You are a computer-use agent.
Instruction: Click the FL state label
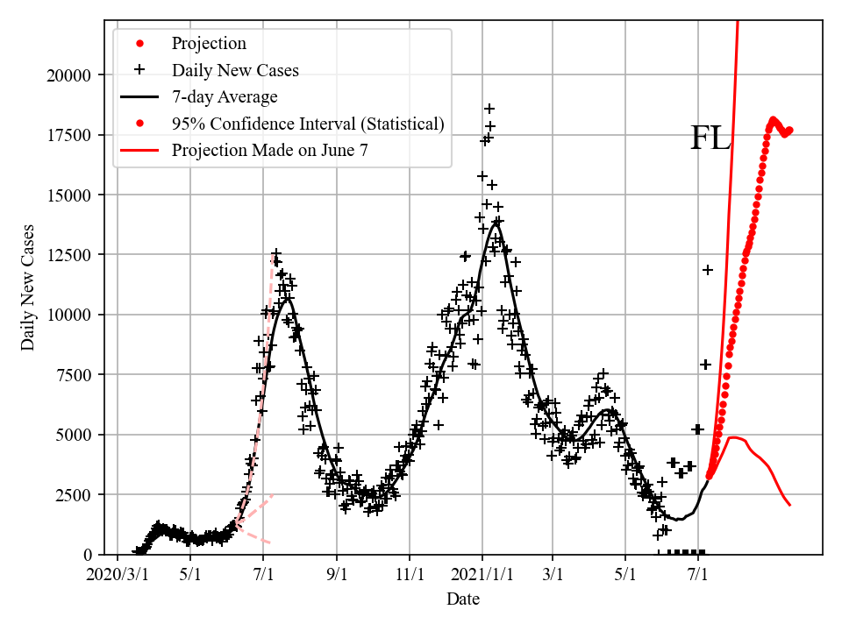click(x=710, y=138)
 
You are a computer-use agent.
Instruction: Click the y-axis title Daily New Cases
click(x=28, y=287)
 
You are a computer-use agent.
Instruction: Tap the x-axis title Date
click(x=462, y=599)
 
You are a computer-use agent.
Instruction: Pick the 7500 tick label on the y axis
click(x=74, y=375)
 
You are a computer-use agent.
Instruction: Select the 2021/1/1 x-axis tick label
click(x=482, y=575)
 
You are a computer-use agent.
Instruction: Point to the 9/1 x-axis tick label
click(x=337, y=575)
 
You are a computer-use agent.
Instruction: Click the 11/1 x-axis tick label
click(x=410, y=575)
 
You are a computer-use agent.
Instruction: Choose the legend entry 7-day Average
click(x=225, y=96)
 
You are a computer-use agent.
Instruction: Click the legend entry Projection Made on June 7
click(x=270, y=150)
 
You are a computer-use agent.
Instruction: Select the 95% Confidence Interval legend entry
click(x=308, y=124)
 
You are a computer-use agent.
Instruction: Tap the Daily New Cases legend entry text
click(x=235, y=70)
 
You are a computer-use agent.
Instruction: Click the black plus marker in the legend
click(x=139, y=70)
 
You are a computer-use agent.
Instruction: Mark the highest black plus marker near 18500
click(x=489, y=109)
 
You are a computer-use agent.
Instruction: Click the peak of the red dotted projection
click(x=774, y=119)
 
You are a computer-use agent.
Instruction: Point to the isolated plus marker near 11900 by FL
click(x=708, y=270)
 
